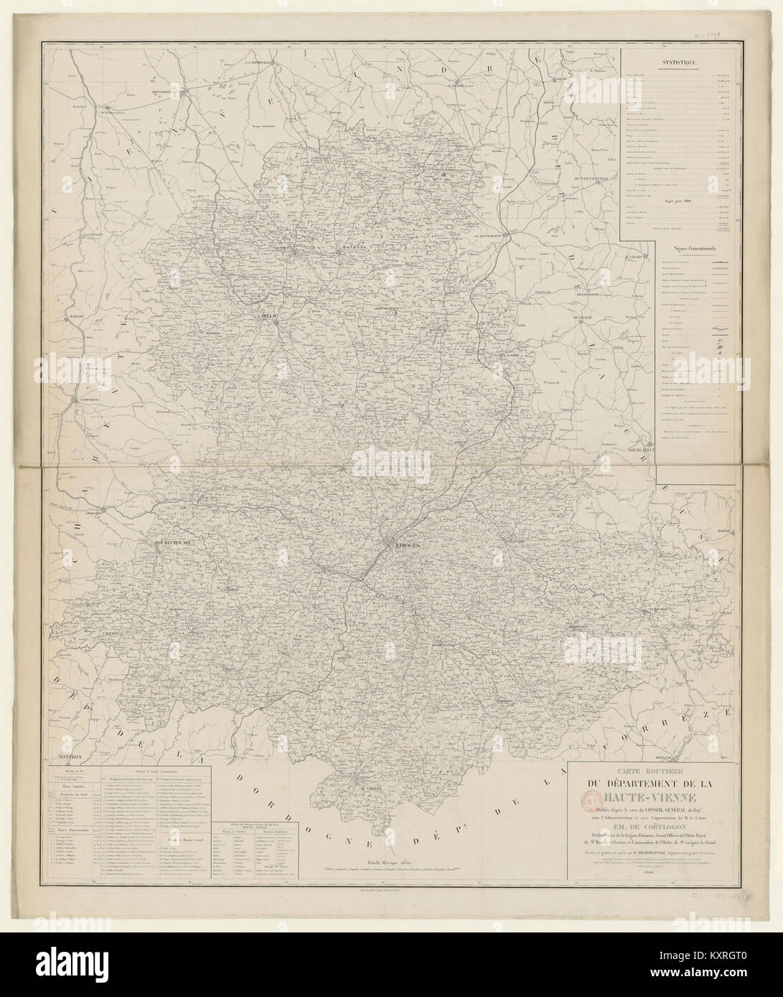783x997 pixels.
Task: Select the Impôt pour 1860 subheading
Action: coord(679,200)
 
